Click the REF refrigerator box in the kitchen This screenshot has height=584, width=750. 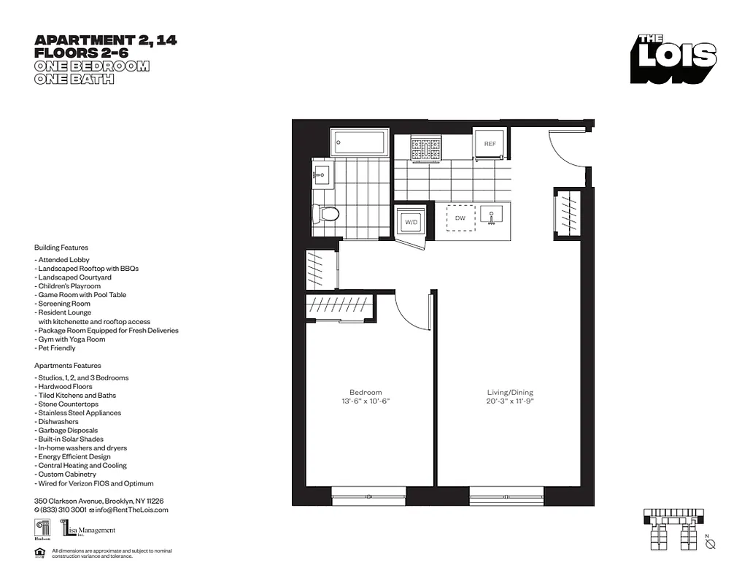click(490, 144)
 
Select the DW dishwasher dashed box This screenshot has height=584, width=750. click(460, 218)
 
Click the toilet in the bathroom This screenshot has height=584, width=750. click(326, 214)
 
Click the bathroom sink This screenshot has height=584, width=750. click(322, 174)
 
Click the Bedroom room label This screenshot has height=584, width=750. click(366, 392)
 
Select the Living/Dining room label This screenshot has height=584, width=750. click(510, 393)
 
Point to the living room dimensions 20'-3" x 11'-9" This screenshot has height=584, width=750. click(510, 401)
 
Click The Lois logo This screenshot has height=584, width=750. click(674, 58)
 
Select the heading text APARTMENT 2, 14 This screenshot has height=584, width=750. click(106, 40)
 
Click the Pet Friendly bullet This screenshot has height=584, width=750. click(55, 348)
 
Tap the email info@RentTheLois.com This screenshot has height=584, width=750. click(133, 510)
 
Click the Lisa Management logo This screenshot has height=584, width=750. click(88, 530)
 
